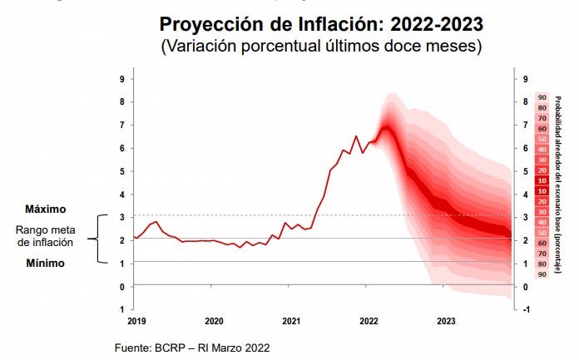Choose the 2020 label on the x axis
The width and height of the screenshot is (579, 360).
pyautogui.click(x=214, y=319)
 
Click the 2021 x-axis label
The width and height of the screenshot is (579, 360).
pyautogui.click(x=291, y=319)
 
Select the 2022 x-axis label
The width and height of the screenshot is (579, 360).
pyautogui.click(x=369, y=319)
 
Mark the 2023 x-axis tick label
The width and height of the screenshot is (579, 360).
pyautogui.click(x=446, y=319)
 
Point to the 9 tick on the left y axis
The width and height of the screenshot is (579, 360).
pyautogui.click(x=123, y=79)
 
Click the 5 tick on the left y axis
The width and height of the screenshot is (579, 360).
pyautogui.click(x=123, y=171)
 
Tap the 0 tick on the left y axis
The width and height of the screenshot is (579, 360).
pyautogui.click(x=123, y=287)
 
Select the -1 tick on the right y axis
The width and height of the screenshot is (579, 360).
pyautogui.click(x=527, y=310)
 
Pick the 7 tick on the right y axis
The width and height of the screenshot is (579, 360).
pyautogui.click(x=526, y=126)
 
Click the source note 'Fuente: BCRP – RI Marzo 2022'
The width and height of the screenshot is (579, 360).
pyautogui.click(x=192, y=347)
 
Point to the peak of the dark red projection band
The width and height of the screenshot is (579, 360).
pyautogui.click(x=386, y=127)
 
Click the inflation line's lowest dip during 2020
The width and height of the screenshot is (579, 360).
pyautogui.click(x=240, y=247)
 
